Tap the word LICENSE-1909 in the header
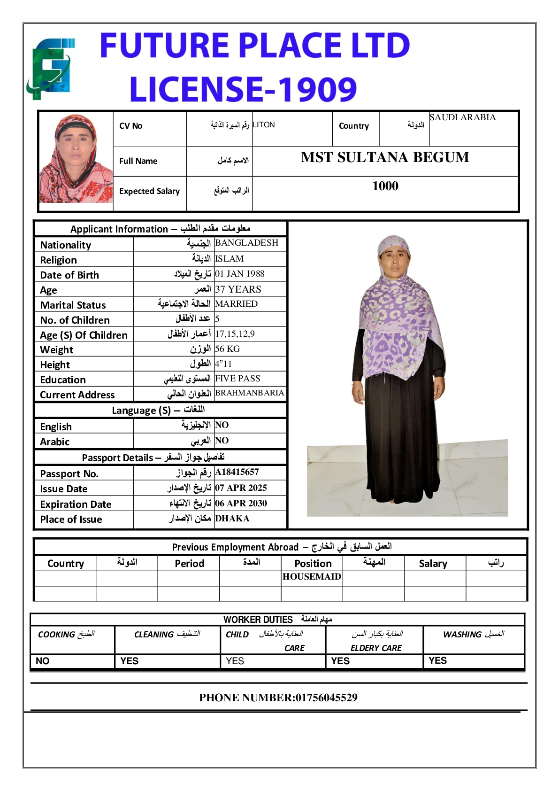(243, 89)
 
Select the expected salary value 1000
(385, 186)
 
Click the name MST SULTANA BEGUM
(385, 157)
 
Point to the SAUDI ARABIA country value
(462, 117)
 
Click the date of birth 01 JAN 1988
(239, 274)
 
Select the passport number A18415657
(237, 472)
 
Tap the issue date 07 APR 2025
(241, 488)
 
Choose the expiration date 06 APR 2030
(241, 503)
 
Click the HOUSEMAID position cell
(312, 577)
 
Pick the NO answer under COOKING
(43, 661)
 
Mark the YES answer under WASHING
(437, 660)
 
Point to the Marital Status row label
(73, 305)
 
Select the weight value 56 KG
(227, 349)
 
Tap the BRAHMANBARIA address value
(249, 393)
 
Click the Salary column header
(433, 564)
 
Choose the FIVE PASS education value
(237, 379)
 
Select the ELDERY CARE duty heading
(376, 648)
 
